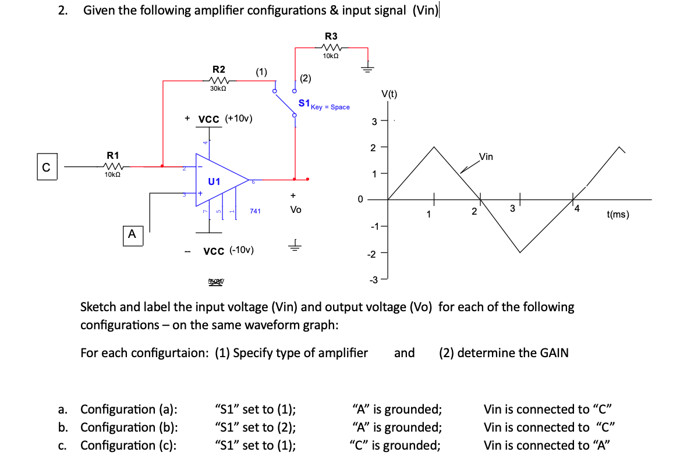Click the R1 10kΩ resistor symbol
[x=112, y=166]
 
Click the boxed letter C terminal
[x=46, y=166]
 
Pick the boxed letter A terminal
[x=132, y=234]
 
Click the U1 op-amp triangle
[x=218, y=181]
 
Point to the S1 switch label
[x=303, y=103]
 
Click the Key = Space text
[x=330, y=107]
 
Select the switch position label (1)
[x=261, y=72]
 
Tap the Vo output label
[x=295, y=209]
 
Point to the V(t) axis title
[x=389, y=94]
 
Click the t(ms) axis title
[x=618, y=214]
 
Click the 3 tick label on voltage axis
[x=375, y=121]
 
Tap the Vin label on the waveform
[x=486, y=156]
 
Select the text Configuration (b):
[x=129, y=427]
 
